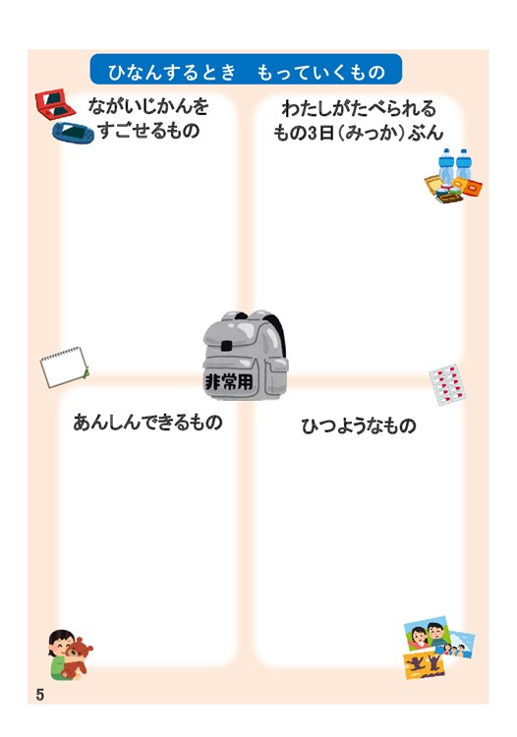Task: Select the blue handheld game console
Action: pyautogui.click(x=73, y=132)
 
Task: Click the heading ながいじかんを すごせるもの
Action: pyautogui.click(x=148, y=118)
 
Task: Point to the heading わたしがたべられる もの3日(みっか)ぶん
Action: pyautogui.click(x=358, y=120)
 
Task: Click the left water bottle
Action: pyautogui.click(x=445, y=164)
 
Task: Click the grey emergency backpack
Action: pyautogui.click(x=245, y=355)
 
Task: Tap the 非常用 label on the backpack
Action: pyautogui.click(x=229, y=381)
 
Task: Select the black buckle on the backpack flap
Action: pyautogui.click(x=226, y=346)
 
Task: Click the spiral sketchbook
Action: pyautogui.click(x=65, y=368)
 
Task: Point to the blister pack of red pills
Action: pyautogui.click(x=447, y=384)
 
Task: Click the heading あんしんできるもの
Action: pyautogui.click(x=147, y=423)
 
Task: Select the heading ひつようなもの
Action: pyautogui.click(x=359, y=425)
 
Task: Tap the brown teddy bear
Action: pyautogui.click(x=78, y=655)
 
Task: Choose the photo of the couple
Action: pyautogui.click(x=428, y=633)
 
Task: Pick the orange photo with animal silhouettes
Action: pyautogui.click(x=424, y=663)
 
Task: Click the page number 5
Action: pyautogui.click(x=40, y=694)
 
